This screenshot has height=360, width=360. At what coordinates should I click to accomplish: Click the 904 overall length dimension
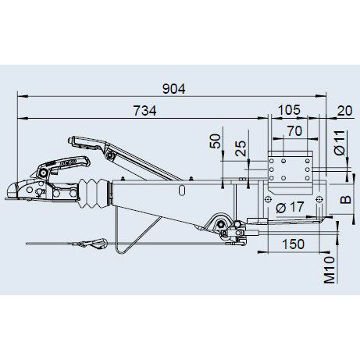[174, 89]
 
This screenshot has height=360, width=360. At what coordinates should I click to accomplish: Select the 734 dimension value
[144, 111]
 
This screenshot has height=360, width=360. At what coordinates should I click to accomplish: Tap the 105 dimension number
[289, 110]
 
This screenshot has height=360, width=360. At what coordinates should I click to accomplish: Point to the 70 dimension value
[294, 131]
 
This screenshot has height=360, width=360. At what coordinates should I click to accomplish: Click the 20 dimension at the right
[344, 111]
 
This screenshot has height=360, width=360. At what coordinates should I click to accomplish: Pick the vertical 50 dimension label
[216, 141]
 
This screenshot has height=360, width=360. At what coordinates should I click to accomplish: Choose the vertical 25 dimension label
[241, 148]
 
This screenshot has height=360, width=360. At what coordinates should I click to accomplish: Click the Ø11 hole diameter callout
[340, 143]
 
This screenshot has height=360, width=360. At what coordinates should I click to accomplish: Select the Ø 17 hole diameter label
[290, 208]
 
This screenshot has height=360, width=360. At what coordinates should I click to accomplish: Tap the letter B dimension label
[346, 200]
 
